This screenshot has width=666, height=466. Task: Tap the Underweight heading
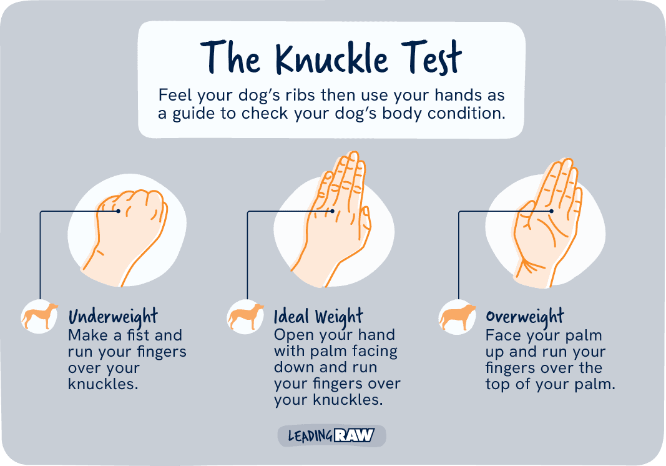tap(113, 316)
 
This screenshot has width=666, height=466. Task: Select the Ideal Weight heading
tap(318, 316)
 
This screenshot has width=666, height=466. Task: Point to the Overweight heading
tap(525, 316)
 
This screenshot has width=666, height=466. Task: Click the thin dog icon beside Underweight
tap(39, 315)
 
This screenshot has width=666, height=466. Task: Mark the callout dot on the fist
tap(119, 212)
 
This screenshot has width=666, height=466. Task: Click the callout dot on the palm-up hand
tap(551, 212)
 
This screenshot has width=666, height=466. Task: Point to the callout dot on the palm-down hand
tap(333, 212)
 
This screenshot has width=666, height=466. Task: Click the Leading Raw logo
tap(331, 435)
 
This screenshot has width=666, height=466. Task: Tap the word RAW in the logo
tap(355, 435)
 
